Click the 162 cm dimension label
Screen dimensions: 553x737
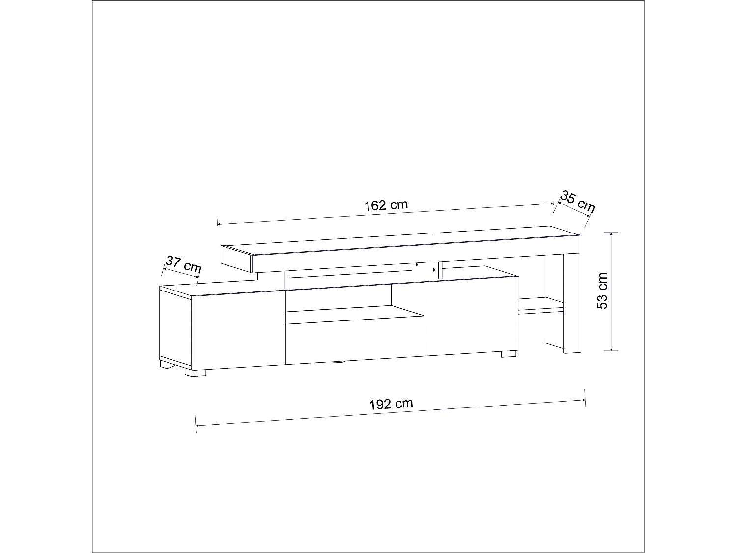click(386, 204)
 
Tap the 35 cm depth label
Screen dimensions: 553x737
click(578, 202)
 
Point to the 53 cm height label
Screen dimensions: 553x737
click(602, 291)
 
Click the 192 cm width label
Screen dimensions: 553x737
click(391, 404)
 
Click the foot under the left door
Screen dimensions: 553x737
click(195, 373)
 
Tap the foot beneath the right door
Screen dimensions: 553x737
click(509, 353)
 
